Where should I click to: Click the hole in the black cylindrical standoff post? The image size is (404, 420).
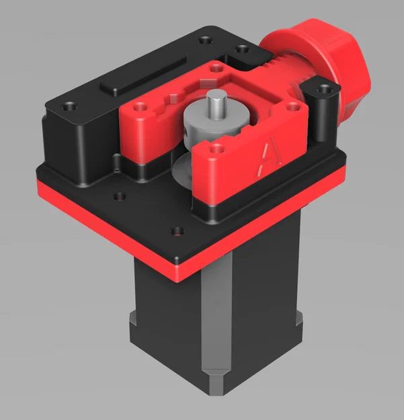[x=325, y=88]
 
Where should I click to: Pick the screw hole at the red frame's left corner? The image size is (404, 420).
[x=142, y=106]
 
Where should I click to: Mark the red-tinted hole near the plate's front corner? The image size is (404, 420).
[x=177, y=232]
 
